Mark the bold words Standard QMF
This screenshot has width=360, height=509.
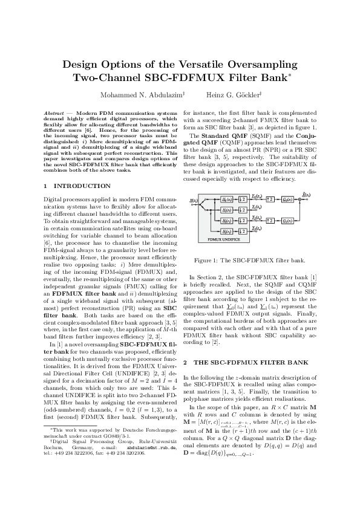click(228, 135)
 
